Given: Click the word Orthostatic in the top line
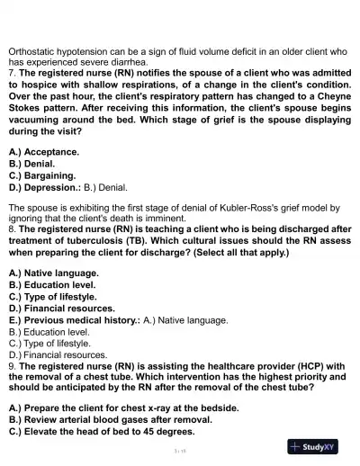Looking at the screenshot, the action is [x=33, y=51].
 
